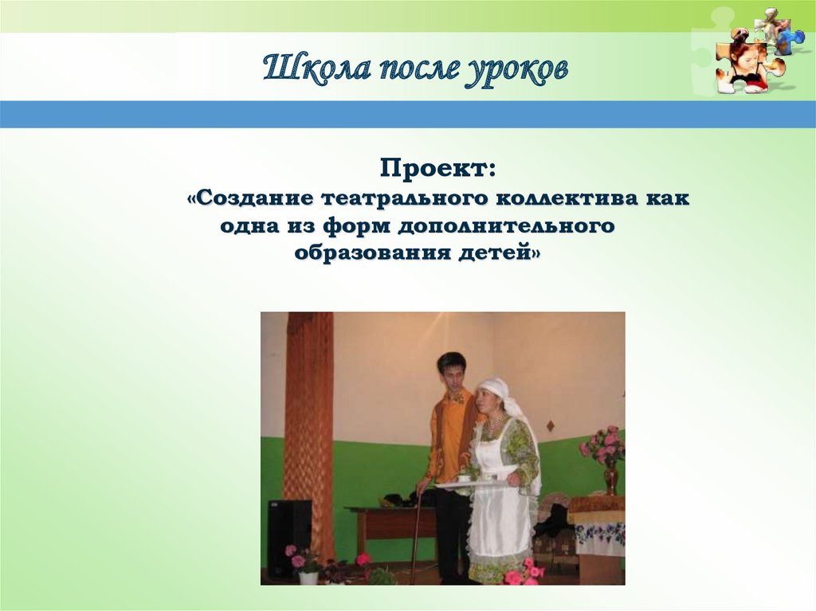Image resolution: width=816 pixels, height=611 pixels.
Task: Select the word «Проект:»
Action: pos(437,169)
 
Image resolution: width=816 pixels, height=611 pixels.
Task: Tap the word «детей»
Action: pos(498,253)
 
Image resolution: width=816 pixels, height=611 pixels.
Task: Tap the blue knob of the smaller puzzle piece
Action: pos(793,37)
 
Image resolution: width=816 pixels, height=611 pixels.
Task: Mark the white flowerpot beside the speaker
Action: pos(308,577)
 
